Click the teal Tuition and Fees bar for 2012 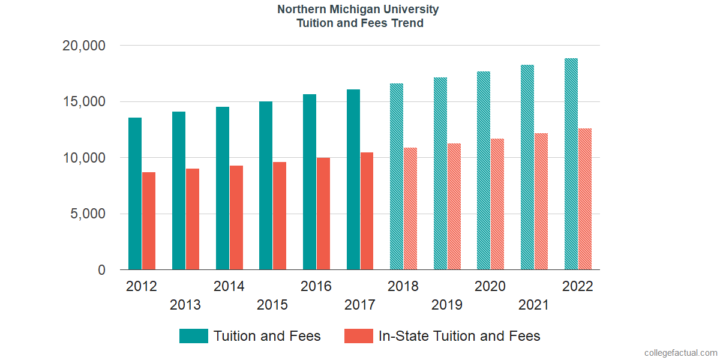[x=135, y=194]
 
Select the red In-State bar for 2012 [x=149, y=221]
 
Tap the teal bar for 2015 [x=266, y=186]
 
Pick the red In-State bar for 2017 [x=367, y=211]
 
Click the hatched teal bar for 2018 [x=397, y=177]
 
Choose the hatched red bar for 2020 [x=498, y=205]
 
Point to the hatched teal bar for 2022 [x=571, y=164]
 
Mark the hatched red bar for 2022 [x=585, y=199]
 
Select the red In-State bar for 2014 [x=236, y=218]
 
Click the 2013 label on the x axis [x=185, y=305]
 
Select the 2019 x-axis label [x=447, y=305]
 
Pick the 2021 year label [x=534, y=305]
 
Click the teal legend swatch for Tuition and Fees [x=194, y=336]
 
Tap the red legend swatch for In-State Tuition [x=359, y=336]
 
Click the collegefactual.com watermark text [x=680, y=353]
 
